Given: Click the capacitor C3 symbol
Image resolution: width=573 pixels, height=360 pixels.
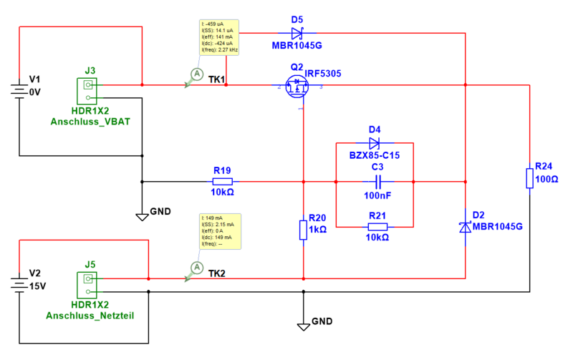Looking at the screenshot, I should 375,181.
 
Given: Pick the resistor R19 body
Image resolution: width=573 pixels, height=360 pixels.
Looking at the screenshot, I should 222,181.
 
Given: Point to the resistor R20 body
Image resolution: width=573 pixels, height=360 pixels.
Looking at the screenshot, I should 304,229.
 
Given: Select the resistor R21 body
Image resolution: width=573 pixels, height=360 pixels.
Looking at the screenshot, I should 377,227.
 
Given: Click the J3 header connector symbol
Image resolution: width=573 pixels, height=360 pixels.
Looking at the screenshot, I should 88,89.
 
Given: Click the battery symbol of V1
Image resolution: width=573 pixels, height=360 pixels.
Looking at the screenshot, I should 20,91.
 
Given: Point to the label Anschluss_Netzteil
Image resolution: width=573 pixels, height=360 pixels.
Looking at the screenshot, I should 90,315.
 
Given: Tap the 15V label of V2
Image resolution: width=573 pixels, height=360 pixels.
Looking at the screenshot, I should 37,286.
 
